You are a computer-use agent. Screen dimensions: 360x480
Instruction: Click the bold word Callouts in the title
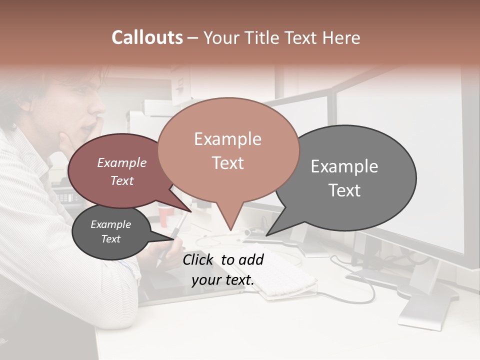(x=147, y=37)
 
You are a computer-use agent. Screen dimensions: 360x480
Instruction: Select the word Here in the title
(x=342, y=37)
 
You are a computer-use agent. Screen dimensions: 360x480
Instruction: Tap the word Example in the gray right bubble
(x=344, y=166)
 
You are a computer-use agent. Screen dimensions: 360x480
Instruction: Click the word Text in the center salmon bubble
(x=228, y=163)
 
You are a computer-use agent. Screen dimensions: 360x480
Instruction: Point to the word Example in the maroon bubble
(x=122, y=162)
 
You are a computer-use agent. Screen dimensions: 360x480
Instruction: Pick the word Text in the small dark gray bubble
(x=111, y=239)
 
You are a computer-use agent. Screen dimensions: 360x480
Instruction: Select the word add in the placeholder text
(x=251, y=259)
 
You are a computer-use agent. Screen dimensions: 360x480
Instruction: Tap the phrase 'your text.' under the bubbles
(x=223, y=280)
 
